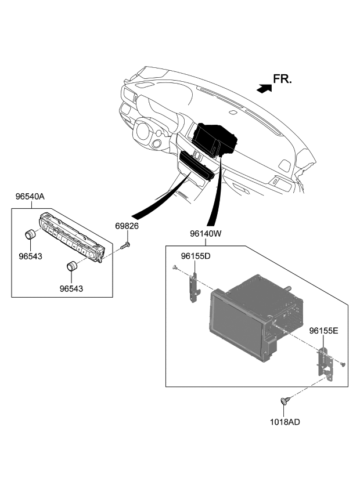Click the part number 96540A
(30, 197)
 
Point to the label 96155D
(195, 255)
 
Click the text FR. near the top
(283, 79)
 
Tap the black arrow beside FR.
(264, 88)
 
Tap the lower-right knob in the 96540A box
(72, 267)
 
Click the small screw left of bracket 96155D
(175, 267)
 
